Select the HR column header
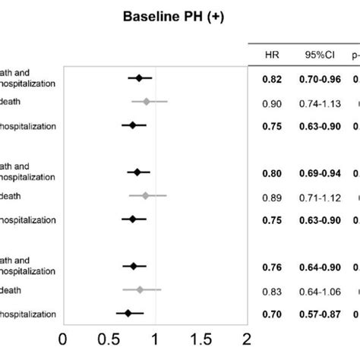click(x=271, y=55)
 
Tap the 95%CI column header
click(x=314, y=55)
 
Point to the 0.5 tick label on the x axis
click(x=108, y=336)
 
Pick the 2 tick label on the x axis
click(x=246, y=336)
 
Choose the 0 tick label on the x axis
click(x=63, y=336)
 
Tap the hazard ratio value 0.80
click(x=272, y=173)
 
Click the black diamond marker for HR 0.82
click(x=139, y=77)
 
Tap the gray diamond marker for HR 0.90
click(x=147, y=101)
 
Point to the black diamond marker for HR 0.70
click(x=128, y=313)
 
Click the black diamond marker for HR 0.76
click(x=134, y=266)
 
